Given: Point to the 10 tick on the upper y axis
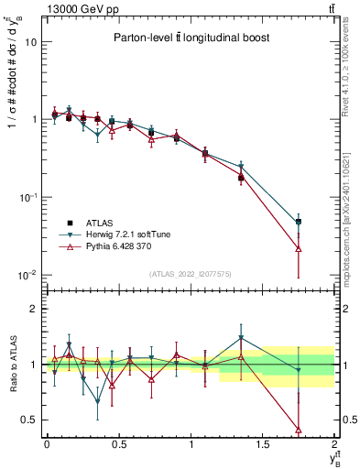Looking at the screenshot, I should [30, 42].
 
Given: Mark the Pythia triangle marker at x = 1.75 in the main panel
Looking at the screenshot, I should [299, 248].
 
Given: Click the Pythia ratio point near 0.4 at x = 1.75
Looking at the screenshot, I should [299, 429].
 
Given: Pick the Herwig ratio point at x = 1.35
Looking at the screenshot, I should [241, 338].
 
